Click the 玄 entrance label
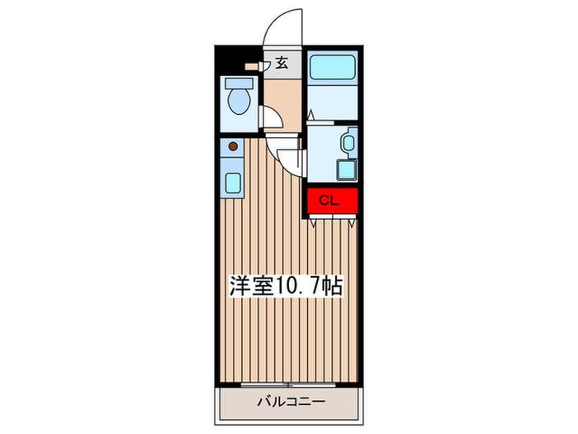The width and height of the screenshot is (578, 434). point(282,63)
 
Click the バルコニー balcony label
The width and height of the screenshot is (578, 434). point(291,401)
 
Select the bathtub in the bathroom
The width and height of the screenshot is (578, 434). point(333,67)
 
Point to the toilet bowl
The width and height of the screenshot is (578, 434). point(239,101)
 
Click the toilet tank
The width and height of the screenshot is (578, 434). point(239,83)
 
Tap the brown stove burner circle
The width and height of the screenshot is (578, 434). point(233,146)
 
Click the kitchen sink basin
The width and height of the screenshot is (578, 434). point(233,183)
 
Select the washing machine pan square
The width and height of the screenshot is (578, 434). point(348,170)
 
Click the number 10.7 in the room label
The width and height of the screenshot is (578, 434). point(296,285)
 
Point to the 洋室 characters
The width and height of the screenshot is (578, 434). point(252,285)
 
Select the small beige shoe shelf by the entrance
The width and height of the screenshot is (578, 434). point(252,67)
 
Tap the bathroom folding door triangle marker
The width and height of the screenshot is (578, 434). point(310,114)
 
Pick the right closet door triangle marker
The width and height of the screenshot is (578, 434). point(352,222)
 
